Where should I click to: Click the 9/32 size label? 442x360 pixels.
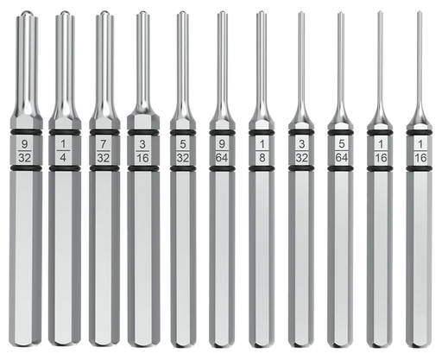point(24,150)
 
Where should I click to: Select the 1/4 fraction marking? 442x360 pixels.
point(64,150)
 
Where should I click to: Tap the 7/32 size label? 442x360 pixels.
point(103,150)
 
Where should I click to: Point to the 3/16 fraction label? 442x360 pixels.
point(142,150)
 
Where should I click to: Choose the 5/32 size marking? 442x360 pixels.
point(183,150)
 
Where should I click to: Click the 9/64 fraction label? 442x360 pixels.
point(222,150)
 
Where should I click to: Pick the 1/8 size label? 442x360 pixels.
point(262,150)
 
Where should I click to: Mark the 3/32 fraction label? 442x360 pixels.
point(301,150)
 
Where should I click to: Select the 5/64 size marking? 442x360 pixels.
point(341,150)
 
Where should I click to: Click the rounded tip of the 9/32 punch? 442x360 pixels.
point(25,13)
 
